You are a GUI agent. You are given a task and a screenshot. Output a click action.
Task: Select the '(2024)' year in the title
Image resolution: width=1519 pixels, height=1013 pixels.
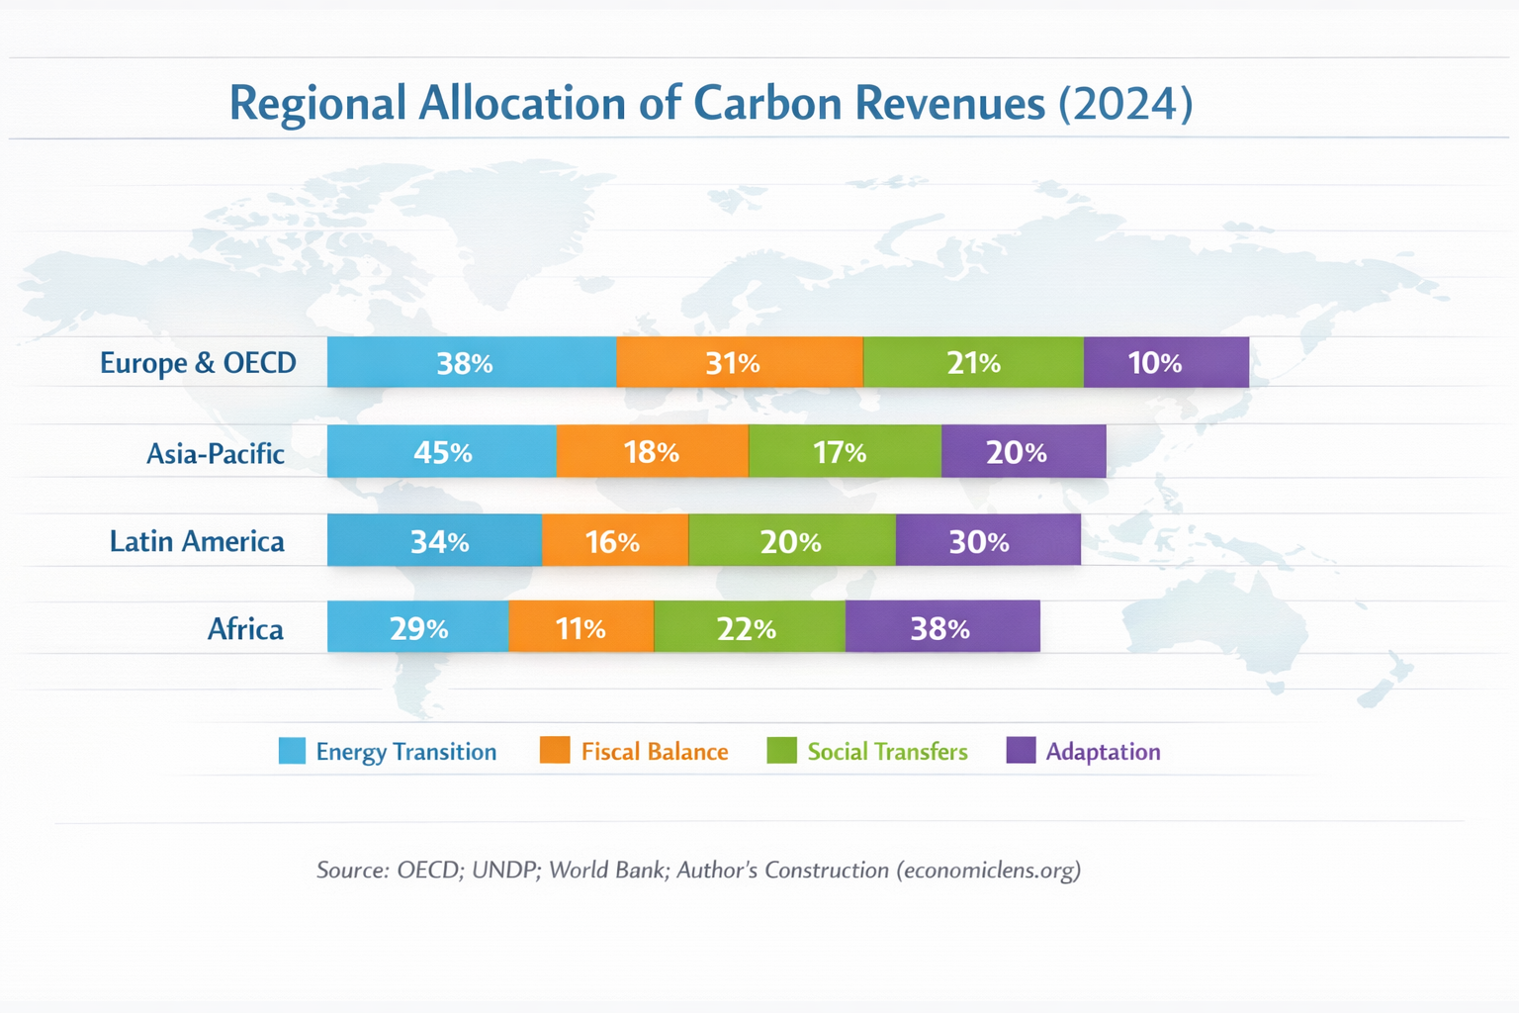click(1125, 103)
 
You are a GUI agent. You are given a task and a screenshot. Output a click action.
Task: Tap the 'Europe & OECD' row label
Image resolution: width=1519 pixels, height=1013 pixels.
click(198, 363)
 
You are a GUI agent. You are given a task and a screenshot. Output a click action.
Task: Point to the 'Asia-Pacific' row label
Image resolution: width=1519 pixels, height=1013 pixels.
click(216, 453)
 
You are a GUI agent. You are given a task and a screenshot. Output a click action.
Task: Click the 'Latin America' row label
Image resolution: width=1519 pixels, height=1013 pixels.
click(197, 541)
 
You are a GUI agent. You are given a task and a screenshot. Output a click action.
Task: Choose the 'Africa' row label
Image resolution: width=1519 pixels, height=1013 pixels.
click(245, 629)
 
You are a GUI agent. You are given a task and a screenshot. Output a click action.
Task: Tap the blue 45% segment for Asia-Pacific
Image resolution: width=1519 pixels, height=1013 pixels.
click(441, 452)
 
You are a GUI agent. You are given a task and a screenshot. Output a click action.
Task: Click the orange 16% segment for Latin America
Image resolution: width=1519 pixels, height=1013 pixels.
click(614, 541)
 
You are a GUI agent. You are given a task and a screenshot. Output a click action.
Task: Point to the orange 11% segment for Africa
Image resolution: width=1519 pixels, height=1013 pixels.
click(581, 628)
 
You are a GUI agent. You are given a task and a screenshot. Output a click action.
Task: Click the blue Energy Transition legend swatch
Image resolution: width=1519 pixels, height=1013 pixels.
click(292, 751)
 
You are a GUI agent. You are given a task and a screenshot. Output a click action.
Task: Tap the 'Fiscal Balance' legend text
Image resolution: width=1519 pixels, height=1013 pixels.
click(655, 752)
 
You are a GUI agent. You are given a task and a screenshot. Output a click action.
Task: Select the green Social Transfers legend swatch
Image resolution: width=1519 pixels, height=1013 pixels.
click(781, 751)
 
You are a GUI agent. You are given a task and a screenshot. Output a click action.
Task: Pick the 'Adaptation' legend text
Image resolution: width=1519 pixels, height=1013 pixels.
click(1103, 752)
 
